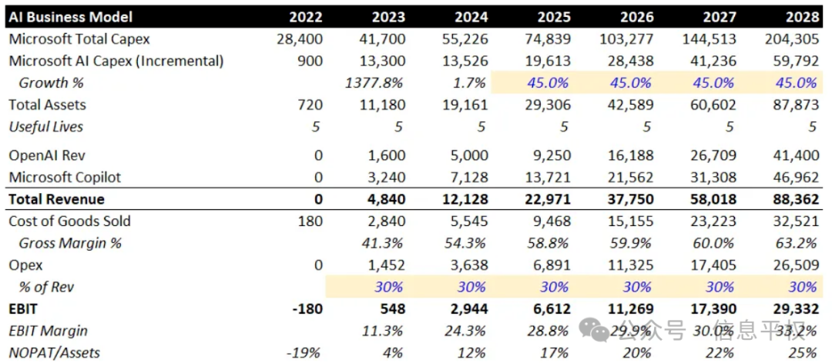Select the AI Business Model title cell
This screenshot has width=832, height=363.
(x=71, y=17)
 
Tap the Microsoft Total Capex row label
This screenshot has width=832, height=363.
(x=79, y=39)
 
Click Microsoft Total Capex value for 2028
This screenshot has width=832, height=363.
(x=792, y=39)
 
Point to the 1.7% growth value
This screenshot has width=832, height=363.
(x=471, y=83)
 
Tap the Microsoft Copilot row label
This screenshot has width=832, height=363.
(x=65, y=178)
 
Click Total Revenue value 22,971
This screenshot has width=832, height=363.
(x=550, y=199)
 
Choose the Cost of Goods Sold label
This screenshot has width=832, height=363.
(x=69, y=221)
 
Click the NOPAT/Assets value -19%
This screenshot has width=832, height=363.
(x=307, y=352)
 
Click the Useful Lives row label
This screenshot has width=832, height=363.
(x=45, y=127)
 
